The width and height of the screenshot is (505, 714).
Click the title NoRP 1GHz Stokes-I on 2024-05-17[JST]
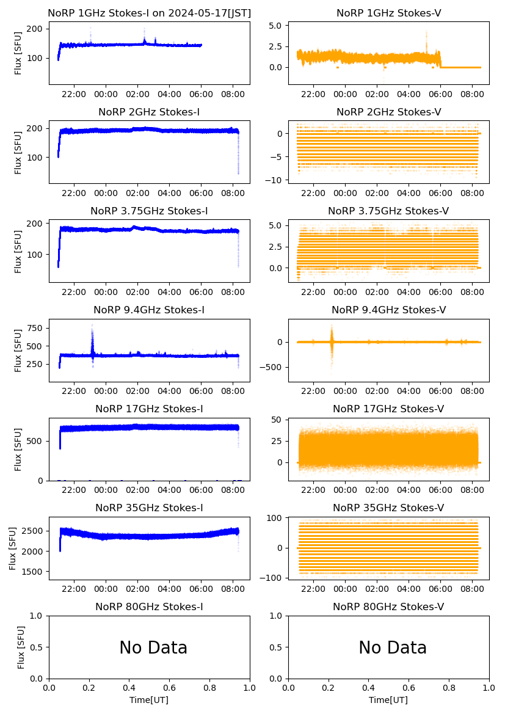(x=149, y=13)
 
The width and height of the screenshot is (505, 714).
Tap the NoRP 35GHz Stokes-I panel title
(x=149, y=508)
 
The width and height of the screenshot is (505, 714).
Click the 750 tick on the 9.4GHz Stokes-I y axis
(x=34, y=328)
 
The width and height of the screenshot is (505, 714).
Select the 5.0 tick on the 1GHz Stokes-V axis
(x=275, y=26)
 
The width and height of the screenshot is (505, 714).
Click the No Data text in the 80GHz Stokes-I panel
(x=153, y=647)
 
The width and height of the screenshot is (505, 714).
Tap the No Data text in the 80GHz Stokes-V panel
(x=393, y=647)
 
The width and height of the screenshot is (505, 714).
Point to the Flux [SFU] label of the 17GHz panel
(x=18, y=449)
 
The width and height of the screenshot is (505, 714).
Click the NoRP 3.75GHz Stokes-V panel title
(x=388, y=211)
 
